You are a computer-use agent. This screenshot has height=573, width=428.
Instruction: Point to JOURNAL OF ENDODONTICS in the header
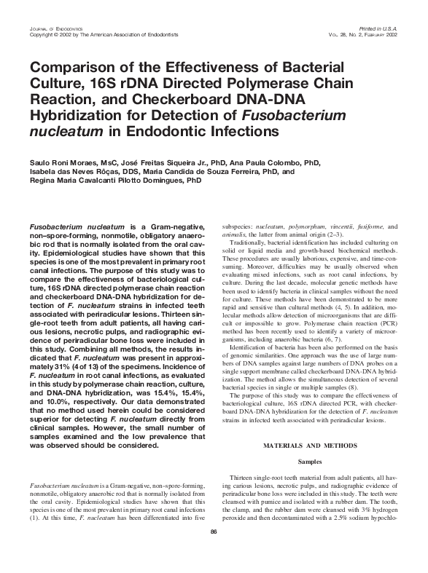pyautogui.click(x=48, y=27)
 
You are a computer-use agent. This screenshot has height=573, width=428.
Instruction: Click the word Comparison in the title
pyautogui.click(x=68, y=68)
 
